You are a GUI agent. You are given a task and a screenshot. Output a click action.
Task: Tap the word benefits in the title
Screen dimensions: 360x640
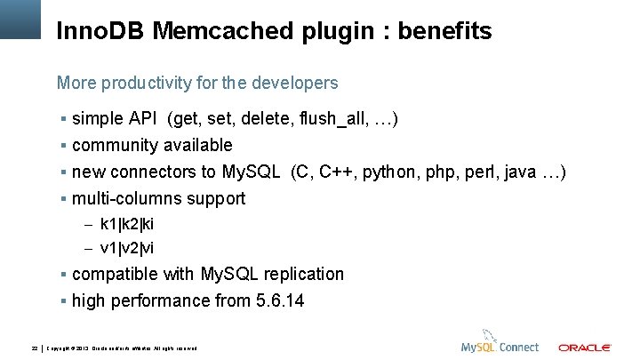(x=444, y=32)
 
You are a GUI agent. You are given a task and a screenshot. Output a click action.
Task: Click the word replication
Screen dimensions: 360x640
(x=300, y=274)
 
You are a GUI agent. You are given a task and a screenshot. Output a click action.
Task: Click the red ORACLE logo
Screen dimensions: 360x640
(x=584, y=347)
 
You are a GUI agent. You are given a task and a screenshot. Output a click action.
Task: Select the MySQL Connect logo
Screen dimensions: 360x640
(x=500, y=345)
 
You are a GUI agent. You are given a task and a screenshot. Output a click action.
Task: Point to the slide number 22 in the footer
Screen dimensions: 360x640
(x=34, y=347)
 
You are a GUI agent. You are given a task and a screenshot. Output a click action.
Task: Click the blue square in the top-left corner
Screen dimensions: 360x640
(x=20, y=19)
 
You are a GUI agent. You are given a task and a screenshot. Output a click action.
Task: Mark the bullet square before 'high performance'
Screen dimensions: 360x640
(x=64, y=300)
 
